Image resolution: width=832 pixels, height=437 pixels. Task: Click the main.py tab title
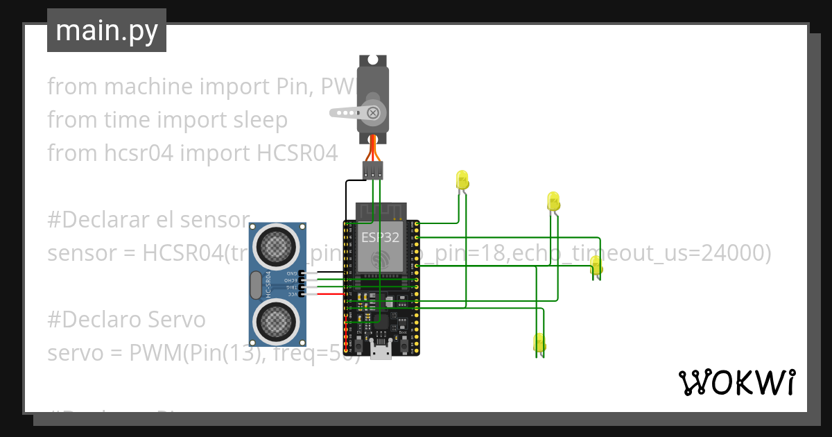pos(106,31)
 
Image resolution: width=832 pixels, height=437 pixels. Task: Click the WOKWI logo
pos(736,382)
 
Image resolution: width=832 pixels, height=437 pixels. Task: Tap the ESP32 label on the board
pos(380,237)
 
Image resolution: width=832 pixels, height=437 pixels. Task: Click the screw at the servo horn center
pos(374,112)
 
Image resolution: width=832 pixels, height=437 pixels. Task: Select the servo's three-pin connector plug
pos(373,170)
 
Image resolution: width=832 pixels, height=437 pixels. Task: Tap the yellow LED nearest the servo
pos(462,180)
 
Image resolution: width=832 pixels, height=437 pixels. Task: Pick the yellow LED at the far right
pos(596,266)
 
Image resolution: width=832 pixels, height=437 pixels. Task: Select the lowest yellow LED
pos(539,343)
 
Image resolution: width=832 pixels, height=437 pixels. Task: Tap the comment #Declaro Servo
pos(126,319)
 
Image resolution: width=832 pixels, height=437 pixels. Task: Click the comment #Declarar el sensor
pos(148,220)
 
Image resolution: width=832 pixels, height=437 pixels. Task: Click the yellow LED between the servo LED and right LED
pos(553,200)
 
